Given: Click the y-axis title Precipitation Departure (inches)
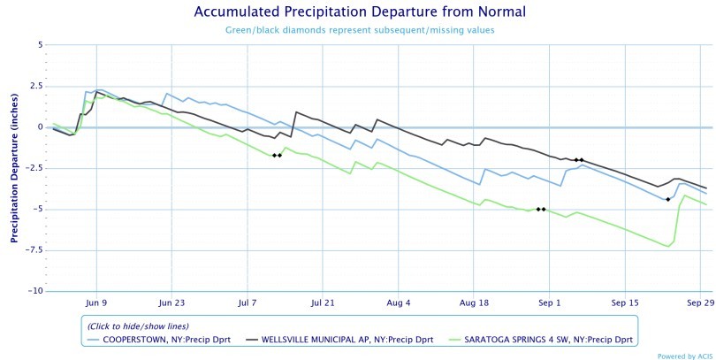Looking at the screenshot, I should (15, 168).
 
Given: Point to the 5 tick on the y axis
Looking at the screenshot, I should (39, 44).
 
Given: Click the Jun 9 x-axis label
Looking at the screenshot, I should (96, 303).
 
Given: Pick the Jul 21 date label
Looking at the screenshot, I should (324, 303).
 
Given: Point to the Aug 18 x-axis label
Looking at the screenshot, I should (474, 303).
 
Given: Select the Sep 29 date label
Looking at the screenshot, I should (700, 303).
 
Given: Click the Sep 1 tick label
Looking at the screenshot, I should (549, 303).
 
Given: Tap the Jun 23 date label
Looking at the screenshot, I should (172, 303).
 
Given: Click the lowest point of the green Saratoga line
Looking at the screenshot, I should (668, 246).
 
